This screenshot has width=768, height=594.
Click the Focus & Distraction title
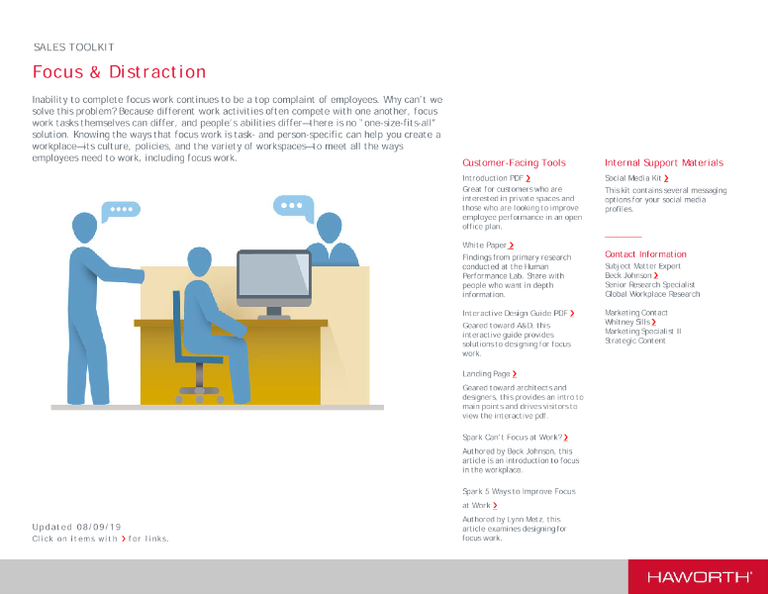click(x=119, y=72)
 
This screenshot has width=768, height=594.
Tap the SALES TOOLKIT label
click(x=73, y=48)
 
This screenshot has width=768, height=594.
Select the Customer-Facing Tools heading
click(x=514, y=162)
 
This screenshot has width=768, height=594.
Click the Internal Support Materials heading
click(x=663, y=162)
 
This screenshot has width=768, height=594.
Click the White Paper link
click(x=487, y=245)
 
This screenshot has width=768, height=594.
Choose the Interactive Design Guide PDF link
click(x=518, y=313)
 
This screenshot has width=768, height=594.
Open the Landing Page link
click(x=489, y=374)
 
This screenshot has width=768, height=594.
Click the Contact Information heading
click(x=645, y=254)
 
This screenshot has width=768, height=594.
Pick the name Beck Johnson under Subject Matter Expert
click(x=631, y=275)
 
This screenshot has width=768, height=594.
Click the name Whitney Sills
click(x=629, y=322)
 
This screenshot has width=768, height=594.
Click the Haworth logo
click(x=699, y=576)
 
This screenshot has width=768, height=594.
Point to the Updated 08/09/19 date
click(x=76, y=527)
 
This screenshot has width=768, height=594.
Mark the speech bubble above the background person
click(x=292, y=206)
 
